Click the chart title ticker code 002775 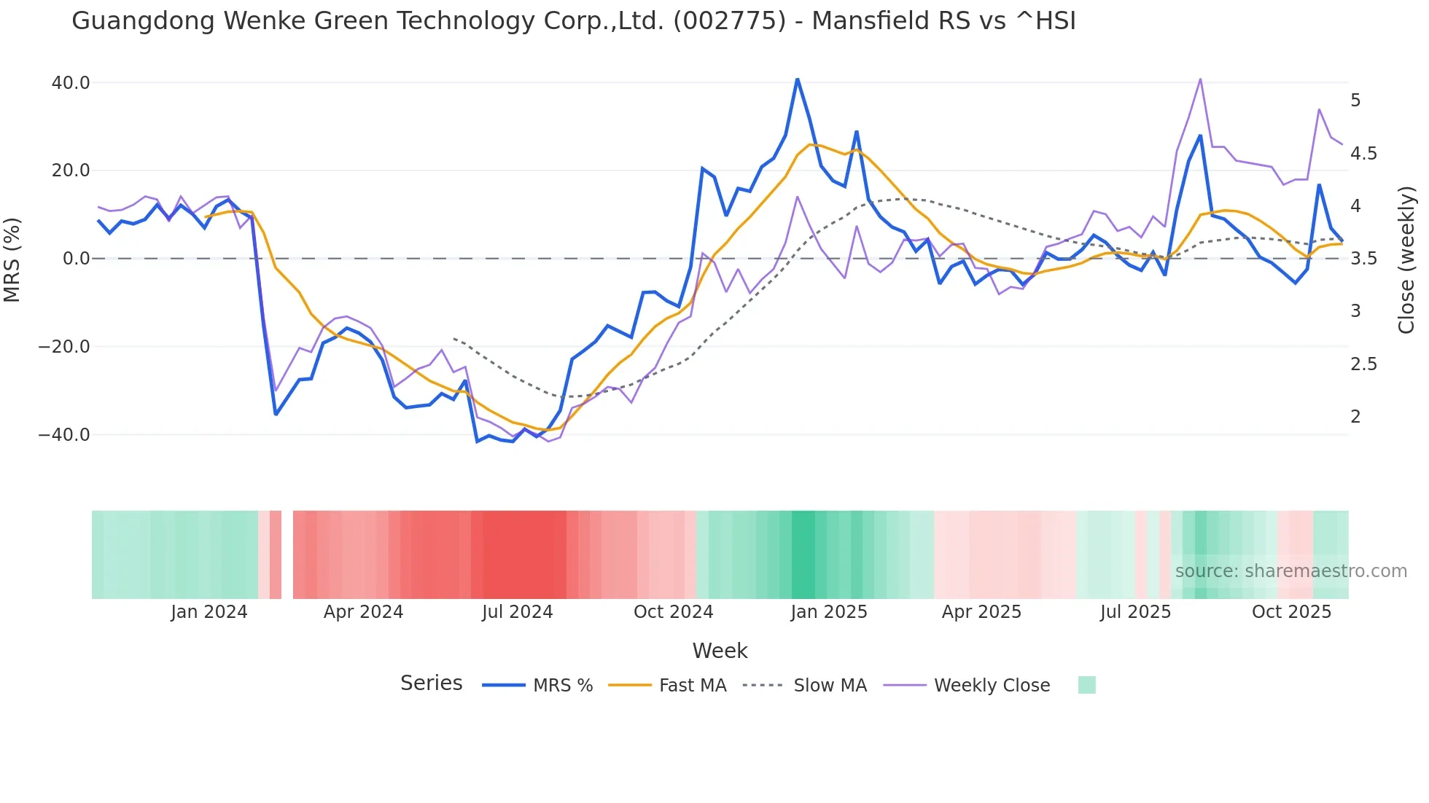[x=730, y=21]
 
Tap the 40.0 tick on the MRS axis [x=71, y=83]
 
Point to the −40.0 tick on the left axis [x=65, y=435]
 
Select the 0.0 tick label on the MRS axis [x=76, y=259]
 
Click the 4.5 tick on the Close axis [x=1363, y=154]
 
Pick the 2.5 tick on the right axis [x=1363, y=364]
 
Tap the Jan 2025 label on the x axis [x=829, y=612]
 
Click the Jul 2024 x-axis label [x=518, y=612]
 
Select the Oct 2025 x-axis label [x=1291, y=612]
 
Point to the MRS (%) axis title [x=12, y=259]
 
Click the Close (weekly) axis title [x=1406, y=259]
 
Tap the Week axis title [x=720, y=651]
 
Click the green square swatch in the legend [x=1086, y=685]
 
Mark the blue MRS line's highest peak [x=798, y=79]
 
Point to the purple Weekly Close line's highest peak [x=1200, y=79]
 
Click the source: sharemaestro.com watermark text [x=1290, y=571]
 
